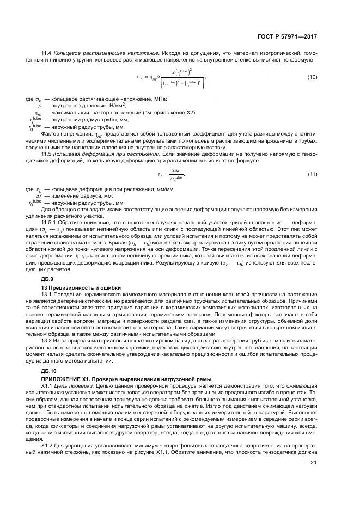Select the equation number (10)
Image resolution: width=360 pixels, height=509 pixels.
click(312, 77)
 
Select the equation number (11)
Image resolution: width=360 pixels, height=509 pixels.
click(312, 174)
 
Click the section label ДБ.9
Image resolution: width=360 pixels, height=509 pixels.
click(49, 279)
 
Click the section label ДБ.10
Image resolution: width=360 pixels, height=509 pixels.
click(50, 370)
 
